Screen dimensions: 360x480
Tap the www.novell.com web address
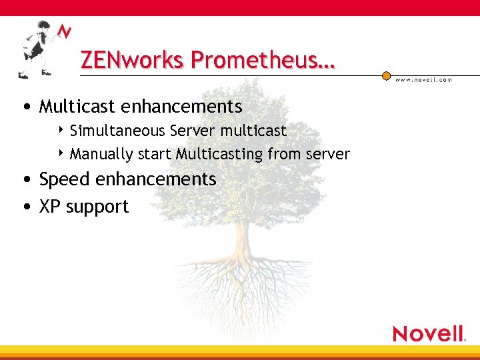[x=423, y=79]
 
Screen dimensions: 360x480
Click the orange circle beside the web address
[x=386, y=76]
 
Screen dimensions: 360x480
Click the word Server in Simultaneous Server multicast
[x=191, y=131]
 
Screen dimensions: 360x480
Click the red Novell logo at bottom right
[x=428, y=333]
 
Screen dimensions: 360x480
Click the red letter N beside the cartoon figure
[x=64, y=32]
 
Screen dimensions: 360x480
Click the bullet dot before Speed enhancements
[x=25, y=180]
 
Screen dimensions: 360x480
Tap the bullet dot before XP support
[x=25, y=207]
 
